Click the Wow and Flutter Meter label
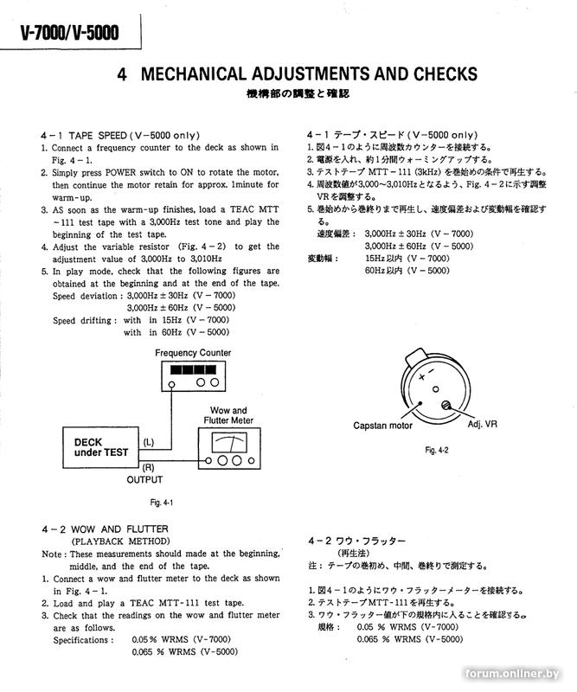228,416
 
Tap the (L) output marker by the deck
148,443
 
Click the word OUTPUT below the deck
144,479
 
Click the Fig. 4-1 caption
162,503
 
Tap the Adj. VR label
483,426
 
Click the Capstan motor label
383,426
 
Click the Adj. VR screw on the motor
446,406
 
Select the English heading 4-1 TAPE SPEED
120,136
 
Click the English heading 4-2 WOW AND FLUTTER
104,529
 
